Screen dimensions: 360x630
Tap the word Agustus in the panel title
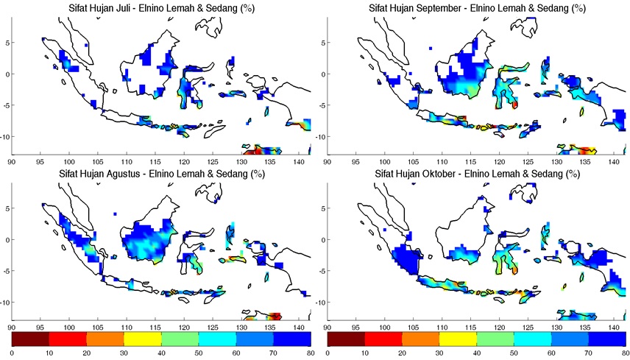(x=127, y=174)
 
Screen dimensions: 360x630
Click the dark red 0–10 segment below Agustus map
(x=30, y=339)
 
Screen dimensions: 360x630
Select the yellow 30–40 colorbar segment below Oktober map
(x=458, y=339)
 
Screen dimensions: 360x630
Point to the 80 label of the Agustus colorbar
(x=310, y=353)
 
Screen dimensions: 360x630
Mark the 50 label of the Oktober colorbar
(x=514, y=353)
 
